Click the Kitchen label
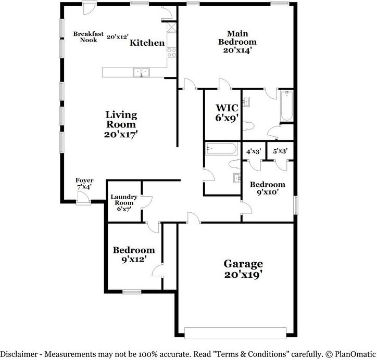pyautogui.click(x=147, y=43)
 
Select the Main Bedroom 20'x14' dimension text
pyautogui.click(x=237, y=51)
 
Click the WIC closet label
pyautogui.click(x=227, y=108)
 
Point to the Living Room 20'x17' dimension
pyautogui.click(x=121, y=134)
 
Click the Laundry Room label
pyautogui.click(x=124, y=199)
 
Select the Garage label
pyautogui.click(x=243, y=263)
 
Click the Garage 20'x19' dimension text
pyautogui.click(x=243, y=274)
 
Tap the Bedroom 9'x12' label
pyautogui.click(x=134, y=250)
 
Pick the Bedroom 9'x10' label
pyautogui.click(x=267, y=185)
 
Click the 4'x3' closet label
pyautogui.click(x=254, y=151)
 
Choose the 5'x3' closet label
pyautogui.click(x=280, y=151)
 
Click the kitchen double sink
pyautogui.click(x=141, y=72)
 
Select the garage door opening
pyautogui.click(x=235, y=332)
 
